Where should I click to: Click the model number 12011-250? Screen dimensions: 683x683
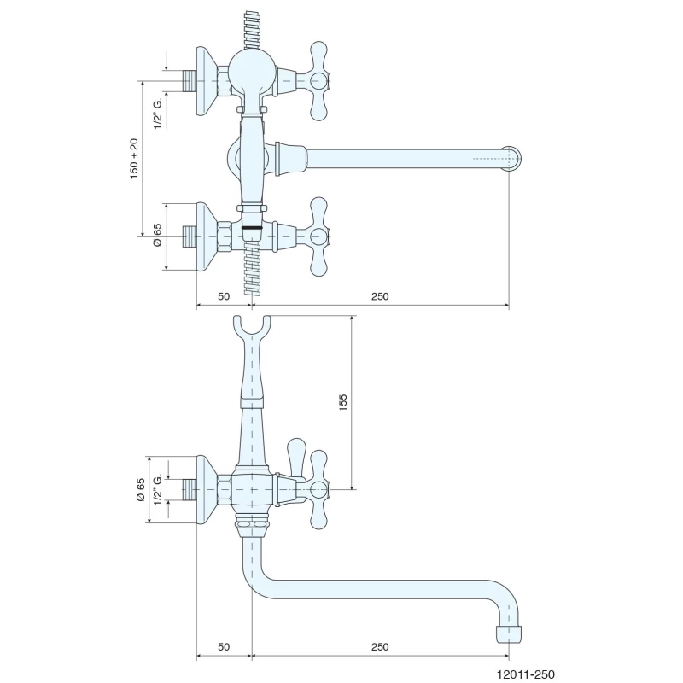pos(526,674)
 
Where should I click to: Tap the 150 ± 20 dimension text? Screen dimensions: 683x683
pos(134,159)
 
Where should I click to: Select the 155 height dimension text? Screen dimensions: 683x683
pos(343,402)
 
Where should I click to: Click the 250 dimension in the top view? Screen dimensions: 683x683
pos(380,296)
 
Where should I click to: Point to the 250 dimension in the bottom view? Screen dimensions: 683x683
pos(380,647)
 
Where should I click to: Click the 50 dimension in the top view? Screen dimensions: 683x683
pos(224,296)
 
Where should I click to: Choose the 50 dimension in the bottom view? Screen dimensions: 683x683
pos(224,647)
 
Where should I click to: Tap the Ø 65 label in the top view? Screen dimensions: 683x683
pos(157,235)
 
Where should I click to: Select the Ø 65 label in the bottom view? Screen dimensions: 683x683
pos(140,489)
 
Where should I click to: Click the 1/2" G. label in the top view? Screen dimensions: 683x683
pos(157,113)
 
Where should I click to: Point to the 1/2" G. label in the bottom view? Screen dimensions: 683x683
pos(157,489)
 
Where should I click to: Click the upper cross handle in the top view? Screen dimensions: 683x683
pos(318,81)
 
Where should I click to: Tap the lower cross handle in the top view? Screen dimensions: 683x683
pos(318,236)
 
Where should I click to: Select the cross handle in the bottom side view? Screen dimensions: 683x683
pos(318,489)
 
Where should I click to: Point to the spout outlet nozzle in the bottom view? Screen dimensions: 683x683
pos(509,634)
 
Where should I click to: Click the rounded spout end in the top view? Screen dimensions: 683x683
pos(513,158)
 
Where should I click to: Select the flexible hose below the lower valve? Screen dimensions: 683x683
pos(252,269)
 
